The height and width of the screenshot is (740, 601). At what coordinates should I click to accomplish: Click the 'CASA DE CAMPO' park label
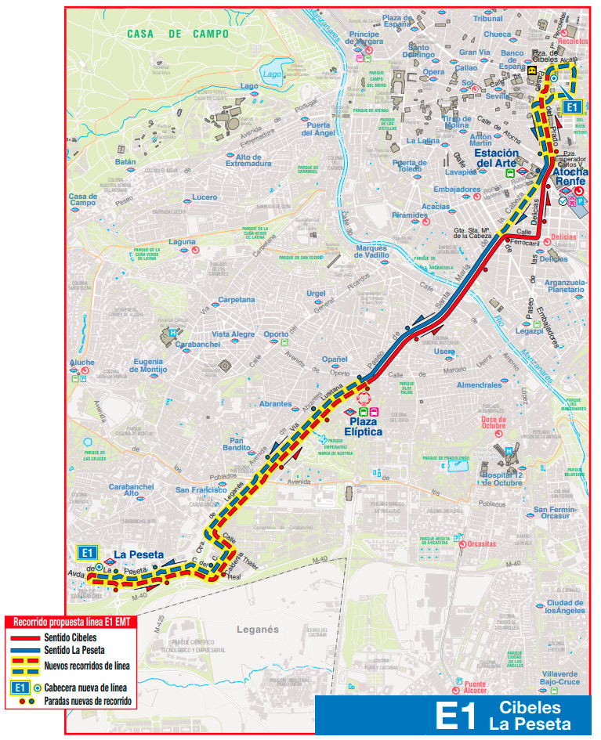click(x=178, y=34)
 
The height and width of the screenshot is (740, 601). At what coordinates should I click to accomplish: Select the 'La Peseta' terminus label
click(x=139, y=554)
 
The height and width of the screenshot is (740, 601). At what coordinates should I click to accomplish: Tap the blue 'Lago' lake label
click(x=272, y=74)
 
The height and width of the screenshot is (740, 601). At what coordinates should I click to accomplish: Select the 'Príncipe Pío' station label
click(x=364, y=38)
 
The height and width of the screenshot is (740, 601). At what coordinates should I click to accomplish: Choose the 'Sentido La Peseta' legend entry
click(x=74, y=650)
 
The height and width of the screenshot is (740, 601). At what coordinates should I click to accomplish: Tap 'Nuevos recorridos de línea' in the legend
click(x=87, y=666)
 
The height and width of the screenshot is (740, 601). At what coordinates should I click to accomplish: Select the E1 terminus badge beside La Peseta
click(x=89, y=552)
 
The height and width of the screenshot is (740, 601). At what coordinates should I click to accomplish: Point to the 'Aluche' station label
click(x=81, y=363)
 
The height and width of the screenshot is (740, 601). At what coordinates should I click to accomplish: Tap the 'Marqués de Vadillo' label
click(x=361, y=251)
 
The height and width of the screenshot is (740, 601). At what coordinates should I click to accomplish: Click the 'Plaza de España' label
click(x=397, y=21)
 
